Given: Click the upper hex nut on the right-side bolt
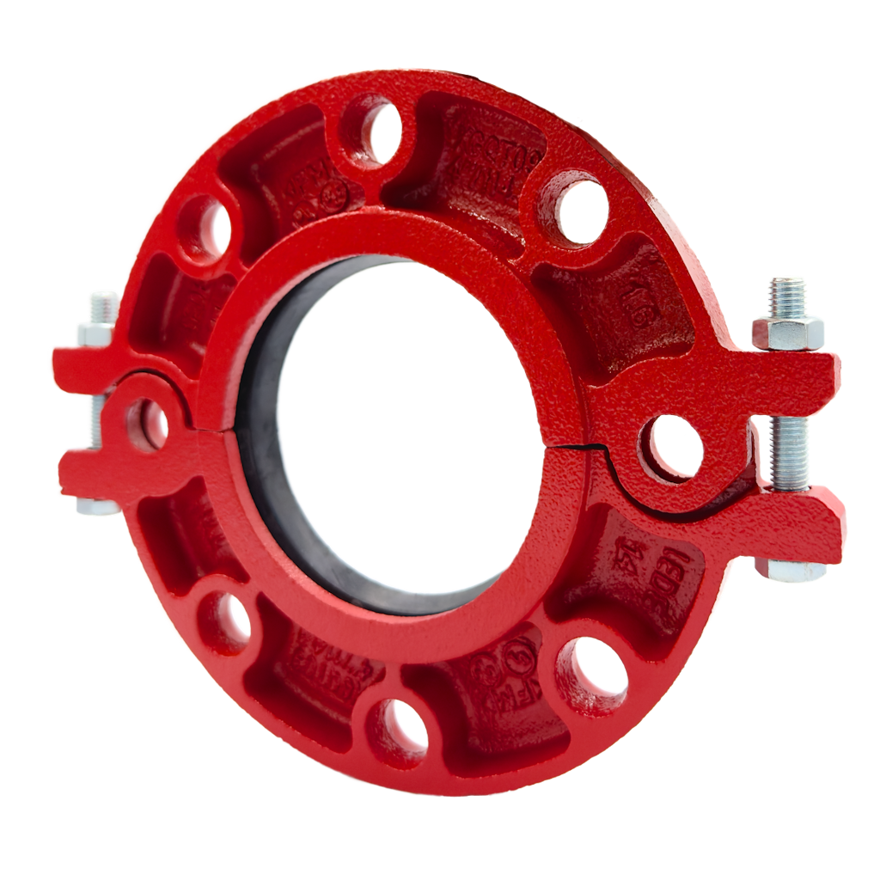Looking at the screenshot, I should click(x=787, y=330).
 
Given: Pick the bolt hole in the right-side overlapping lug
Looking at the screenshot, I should click(x=672, y=444).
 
